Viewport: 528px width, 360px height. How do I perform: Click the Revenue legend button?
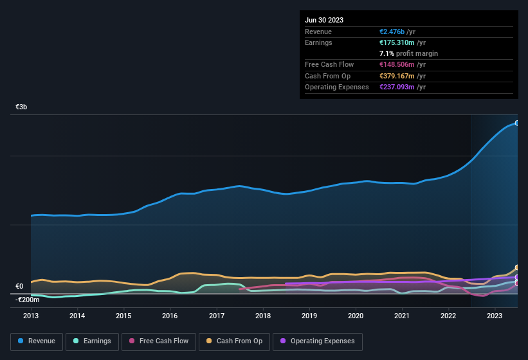click(x=37, y=341)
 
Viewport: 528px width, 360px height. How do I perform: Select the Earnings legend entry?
click(x=91, y=341)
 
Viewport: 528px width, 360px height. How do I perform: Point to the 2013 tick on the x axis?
click(x=31, y=316)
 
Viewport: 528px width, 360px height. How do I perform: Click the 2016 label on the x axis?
click(x=170, y=316)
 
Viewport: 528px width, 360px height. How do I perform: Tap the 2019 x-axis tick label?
click(x=309, y=316)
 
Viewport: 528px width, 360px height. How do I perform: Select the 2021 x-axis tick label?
click(x=402, y=316)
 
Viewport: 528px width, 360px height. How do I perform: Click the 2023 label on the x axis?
click(x=495, y=316)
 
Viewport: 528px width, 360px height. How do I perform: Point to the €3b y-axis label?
click(x=21, y=107)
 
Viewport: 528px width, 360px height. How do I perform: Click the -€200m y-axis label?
click(x=27, y=300)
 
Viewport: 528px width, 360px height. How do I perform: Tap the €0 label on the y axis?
click(x=19, y=287)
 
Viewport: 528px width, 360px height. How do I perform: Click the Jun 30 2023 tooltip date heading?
click(x=324, y=20)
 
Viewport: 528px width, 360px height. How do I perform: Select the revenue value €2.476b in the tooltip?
click(x=392, y=32)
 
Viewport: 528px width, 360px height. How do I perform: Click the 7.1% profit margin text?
click(x=409, y=53)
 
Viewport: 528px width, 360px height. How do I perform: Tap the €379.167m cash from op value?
click(x=397, y=76)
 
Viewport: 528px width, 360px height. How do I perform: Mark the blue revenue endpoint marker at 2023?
click(x=516, y=123)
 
